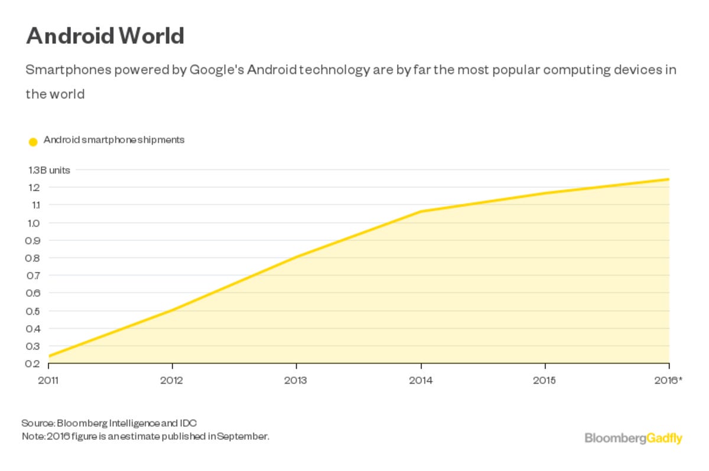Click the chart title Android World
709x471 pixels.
pos(105,36)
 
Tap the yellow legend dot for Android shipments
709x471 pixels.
pos(33,142)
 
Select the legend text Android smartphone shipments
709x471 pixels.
pos(114,140)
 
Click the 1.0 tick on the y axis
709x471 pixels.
pos(33,223)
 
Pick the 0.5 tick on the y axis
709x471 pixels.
pos(33,311)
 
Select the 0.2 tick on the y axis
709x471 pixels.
pos(33,364)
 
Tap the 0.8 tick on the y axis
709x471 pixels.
pos(33,258)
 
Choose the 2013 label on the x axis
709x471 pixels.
pos(295,381)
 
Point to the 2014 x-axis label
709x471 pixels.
pos(421,381)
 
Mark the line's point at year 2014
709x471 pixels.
pos(421,211)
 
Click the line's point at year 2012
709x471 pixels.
pos(172,310)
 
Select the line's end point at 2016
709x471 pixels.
pos(669,179)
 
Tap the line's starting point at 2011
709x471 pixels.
pos(48,356)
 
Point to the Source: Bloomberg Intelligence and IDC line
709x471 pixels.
pos(109,423)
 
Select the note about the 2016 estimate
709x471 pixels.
pos(145,437)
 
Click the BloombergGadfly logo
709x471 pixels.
pos(633,438)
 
